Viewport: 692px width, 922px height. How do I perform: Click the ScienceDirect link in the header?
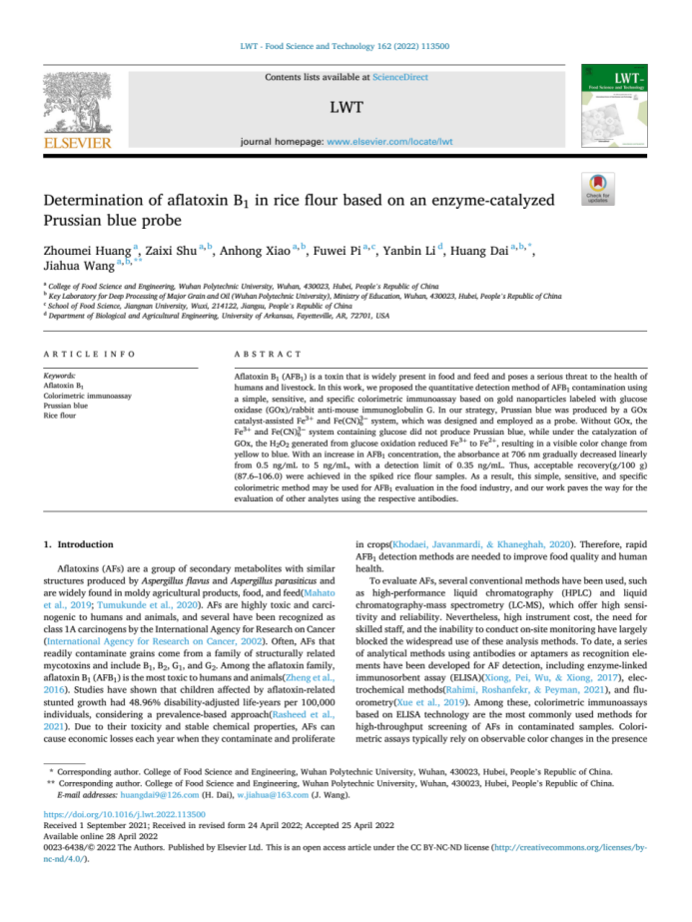click(x=399, y=77)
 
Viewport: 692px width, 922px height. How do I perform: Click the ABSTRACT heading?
click(x=267, y=355)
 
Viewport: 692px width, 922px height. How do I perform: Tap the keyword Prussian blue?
click(x=65, y=407)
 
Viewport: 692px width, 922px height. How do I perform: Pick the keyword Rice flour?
click(x=60, y=417)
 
